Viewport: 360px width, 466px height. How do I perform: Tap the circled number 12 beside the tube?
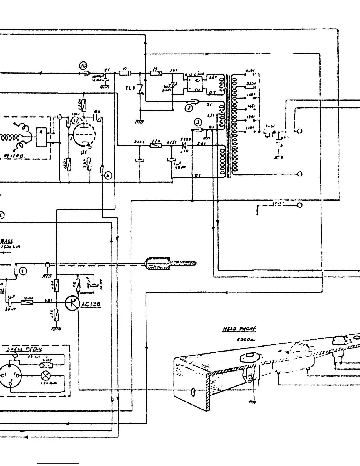pyautogui.click(x=76, y=120)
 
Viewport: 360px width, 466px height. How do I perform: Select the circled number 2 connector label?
pyautogui.click(x=189, y=109)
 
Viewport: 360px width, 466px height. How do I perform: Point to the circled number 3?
pyautogui.click(x=198, y=122)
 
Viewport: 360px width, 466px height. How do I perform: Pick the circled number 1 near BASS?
pyautogui.click(x=23, y=271)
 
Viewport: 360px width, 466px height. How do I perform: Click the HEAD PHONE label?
pyautogui.click(x=239, y=329)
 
